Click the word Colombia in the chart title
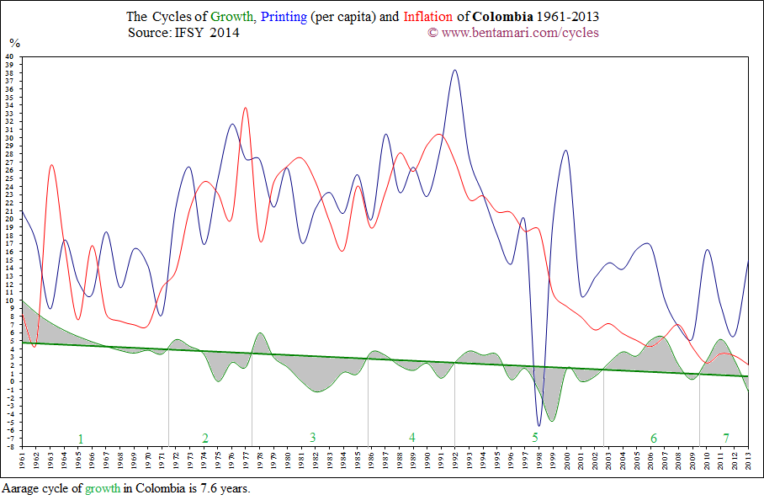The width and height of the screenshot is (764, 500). (501, 16)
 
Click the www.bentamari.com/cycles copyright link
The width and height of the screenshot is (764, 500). (519, 32)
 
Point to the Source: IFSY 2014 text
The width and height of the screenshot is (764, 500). (183, 32)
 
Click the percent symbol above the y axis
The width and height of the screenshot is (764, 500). (13, 42)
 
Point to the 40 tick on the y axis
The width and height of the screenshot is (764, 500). (9, 57)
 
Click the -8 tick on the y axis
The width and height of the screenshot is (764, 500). (9, 446)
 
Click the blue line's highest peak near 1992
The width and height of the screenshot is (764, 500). (455, 71)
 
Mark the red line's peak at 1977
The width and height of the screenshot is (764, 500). (245, 108)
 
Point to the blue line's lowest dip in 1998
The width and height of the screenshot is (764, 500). (539, 425)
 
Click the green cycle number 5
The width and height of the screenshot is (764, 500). (535, 438)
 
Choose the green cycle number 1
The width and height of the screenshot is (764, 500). (81, 438)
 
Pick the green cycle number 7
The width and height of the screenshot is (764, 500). (726, 438)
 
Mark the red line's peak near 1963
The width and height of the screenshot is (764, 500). (51, 165)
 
